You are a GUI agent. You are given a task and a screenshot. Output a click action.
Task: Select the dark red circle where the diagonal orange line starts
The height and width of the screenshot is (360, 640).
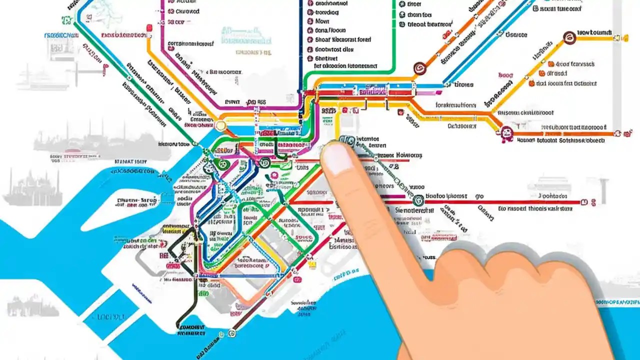pos(419,68)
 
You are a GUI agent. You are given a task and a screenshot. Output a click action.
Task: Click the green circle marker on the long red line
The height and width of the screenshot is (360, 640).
pos(418,200)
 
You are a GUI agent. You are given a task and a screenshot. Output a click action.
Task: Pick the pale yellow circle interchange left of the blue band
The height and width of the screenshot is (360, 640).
pos(220,126)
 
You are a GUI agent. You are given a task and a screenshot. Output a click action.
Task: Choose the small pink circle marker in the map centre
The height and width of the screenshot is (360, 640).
pos(274,175)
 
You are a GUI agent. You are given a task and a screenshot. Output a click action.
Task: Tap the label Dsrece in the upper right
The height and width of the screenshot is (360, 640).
pos(516,35)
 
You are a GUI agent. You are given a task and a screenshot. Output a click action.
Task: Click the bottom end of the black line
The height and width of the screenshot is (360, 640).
pos(178,327)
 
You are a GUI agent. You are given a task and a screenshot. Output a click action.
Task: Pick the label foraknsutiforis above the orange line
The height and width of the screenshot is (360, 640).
pos(455,105)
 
